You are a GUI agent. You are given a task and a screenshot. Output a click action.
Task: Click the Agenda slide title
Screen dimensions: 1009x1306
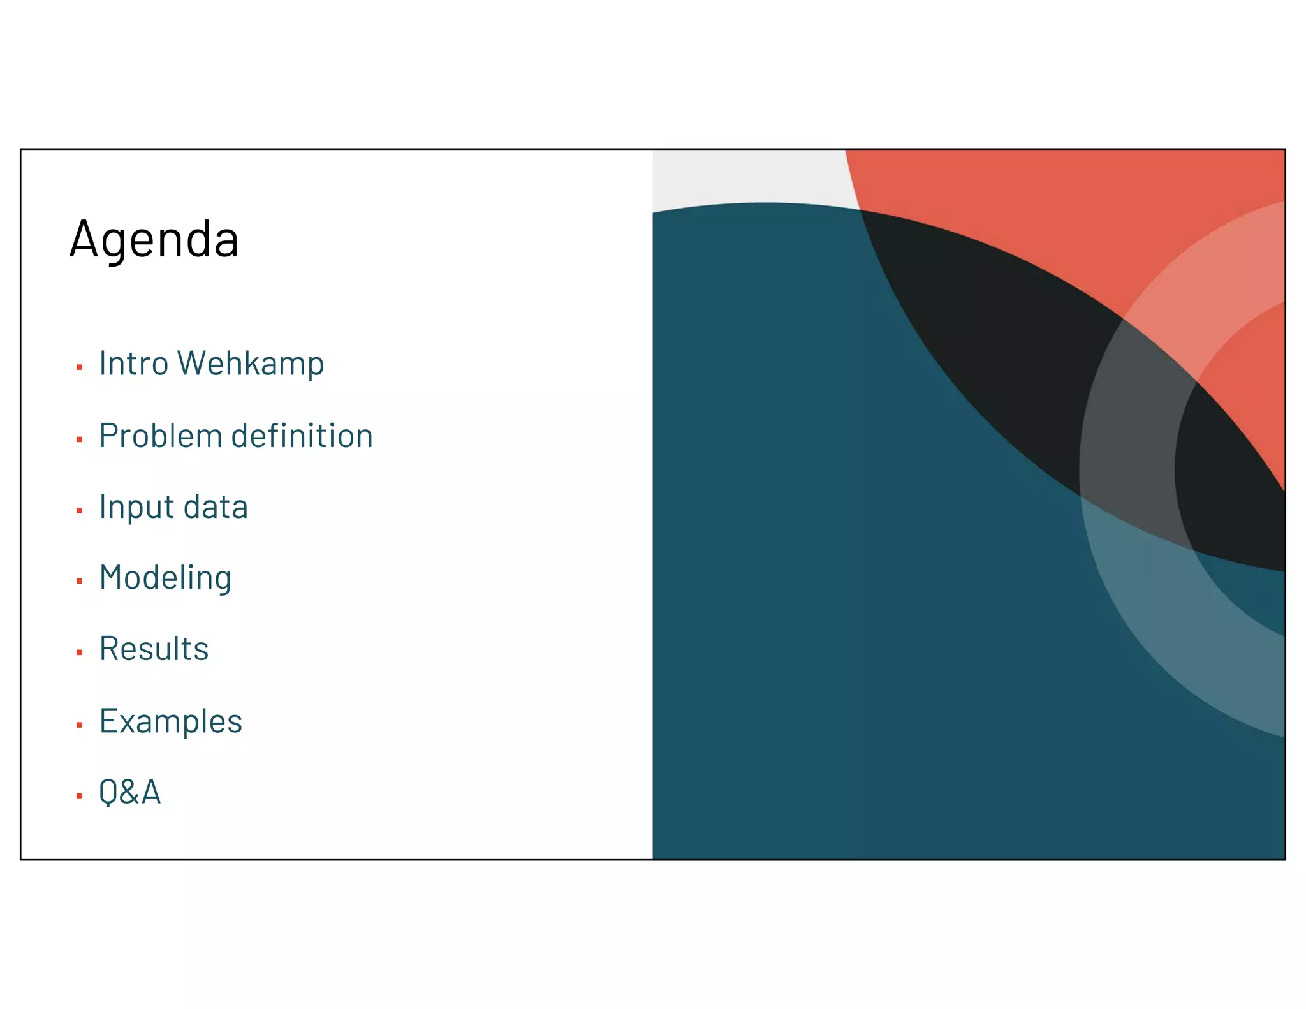[154, 239]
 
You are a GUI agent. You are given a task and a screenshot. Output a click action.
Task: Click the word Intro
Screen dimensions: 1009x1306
[133, 364]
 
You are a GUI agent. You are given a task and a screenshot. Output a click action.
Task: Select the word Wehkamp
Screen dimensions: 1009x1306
[251, 364]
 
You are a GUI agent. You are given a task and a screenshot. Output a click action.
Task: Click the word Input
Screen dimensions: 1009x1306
[136, 508]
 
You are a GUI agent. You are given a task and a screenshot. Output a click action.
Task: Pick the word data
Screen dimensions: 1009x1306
[216, 508]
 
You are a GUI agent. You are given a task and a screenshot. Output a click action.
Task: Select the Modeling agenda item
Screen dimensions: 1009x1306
[165, 578]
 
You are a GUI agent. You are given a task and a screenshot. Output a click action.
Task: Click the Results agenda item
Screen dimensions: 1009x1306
[154, 649]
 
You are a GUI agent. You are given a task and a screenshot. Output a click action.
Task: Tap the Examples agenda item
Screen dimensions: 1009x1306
[170, 721]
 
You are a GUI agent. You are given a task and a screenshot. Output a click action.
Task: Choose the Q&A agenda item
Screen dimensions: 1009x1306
[129, 793]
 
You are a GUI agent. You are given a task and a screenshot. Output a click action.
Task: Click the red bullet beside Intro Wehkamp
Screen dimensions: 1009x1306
[79, 367]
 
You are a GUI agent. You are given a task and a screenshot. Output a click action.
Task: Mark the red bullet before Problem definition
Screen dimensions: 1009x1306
[79, 439]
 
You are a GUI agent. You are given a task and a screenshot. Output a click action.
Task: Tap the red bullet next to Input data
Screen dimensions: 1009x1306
[79, 511]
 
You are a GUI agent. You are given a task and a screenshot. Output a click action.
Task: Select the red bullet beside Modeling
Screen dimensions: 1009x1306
[79, 581]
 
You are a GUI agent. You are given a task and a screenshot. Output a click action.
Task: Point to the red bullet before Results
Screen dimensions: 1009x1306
[79, 652]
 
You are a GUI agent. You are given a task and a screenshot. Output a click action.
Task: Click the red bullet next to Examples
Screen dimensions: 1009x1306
[79, 725]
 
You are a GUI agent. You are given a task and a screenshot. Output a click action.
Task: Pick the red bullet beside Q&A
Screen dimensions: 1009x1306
[79, 796]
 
